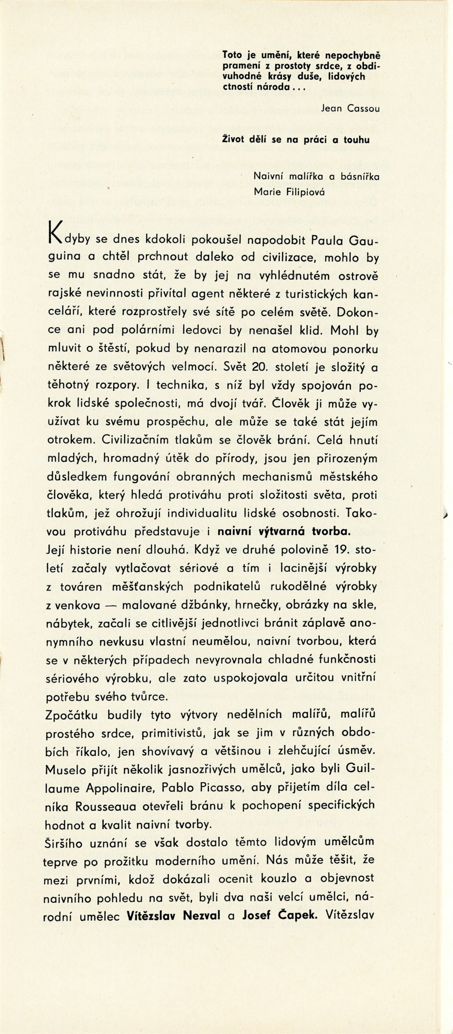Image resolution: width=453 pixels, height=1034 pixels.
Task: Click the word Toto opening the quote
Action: click(x=232, y=55)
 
